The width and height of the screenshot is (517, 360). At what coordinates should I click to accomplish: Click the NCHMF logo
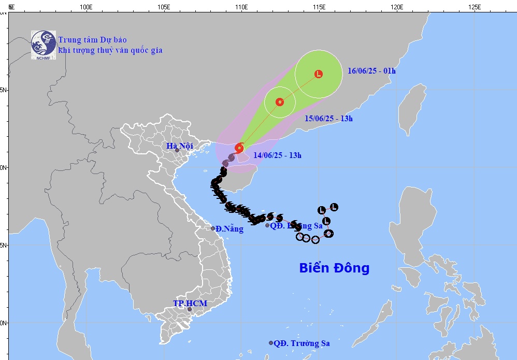43,43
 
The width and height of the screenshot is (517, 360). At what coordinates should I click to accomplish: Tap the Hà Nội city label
180,146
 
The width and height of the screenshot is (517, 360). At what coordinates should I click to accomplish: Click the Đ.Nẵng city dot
213,228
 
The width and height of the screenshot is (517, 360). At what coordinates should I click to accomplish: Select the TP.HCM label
190,303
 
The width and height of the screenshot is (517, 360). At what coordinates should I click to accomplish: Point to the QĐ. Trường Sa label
301,343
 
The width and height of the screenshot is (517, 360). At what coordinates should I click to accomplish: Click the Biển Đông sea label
334,268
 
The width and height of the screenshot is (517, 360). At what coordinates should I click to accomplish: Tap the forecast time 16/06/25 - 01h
371,71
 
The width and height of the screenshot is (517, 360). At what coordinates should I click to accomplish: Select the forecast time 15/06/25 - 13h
328,119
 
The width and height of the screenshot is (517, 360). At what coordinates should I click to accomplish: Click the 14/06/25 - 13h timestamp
278,155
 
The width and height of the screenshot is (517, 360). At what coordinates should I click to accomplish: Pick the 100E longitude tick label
87,7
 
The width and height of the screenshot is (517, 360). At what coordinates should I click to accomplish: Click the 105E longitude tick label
164,7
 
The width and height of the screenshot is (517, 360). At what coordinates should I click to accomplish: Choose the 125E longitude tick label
474,7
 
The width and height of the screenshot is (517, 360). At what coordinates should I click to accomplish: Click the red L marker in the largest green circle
319,74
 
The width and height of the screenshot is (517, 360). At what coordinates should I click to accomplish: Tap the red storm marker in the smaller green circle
280,102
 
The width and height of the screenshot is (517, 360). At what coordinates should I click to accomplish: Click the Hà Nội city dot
177,150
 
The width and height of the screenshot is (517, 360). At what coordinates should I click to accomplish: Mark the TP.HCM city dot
190,309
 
